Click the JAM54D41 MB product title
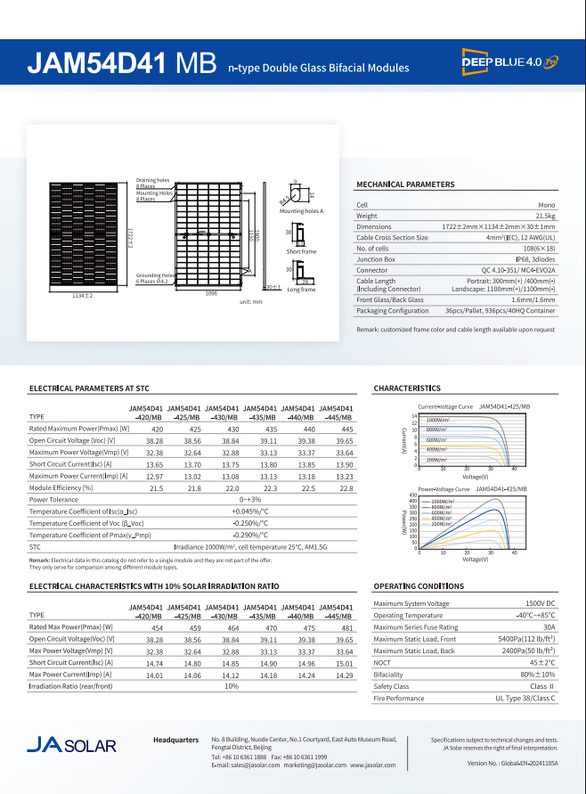[121, 64]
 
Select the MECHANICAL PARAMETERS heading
[405, 184]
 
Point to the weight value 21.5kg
[545, 216]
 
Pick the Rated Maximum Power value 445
[346, 429]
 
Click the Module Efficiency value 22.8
[346, 487]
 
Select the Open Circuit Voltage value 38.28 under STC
[155, 440]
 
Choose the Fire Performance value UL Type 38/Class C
[525, 698]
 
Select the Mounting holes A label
[301, 211]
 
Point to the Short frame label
[301, 252]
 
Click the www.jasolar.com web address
[372, 765]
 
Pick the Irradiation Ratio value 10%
[232, 686]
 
